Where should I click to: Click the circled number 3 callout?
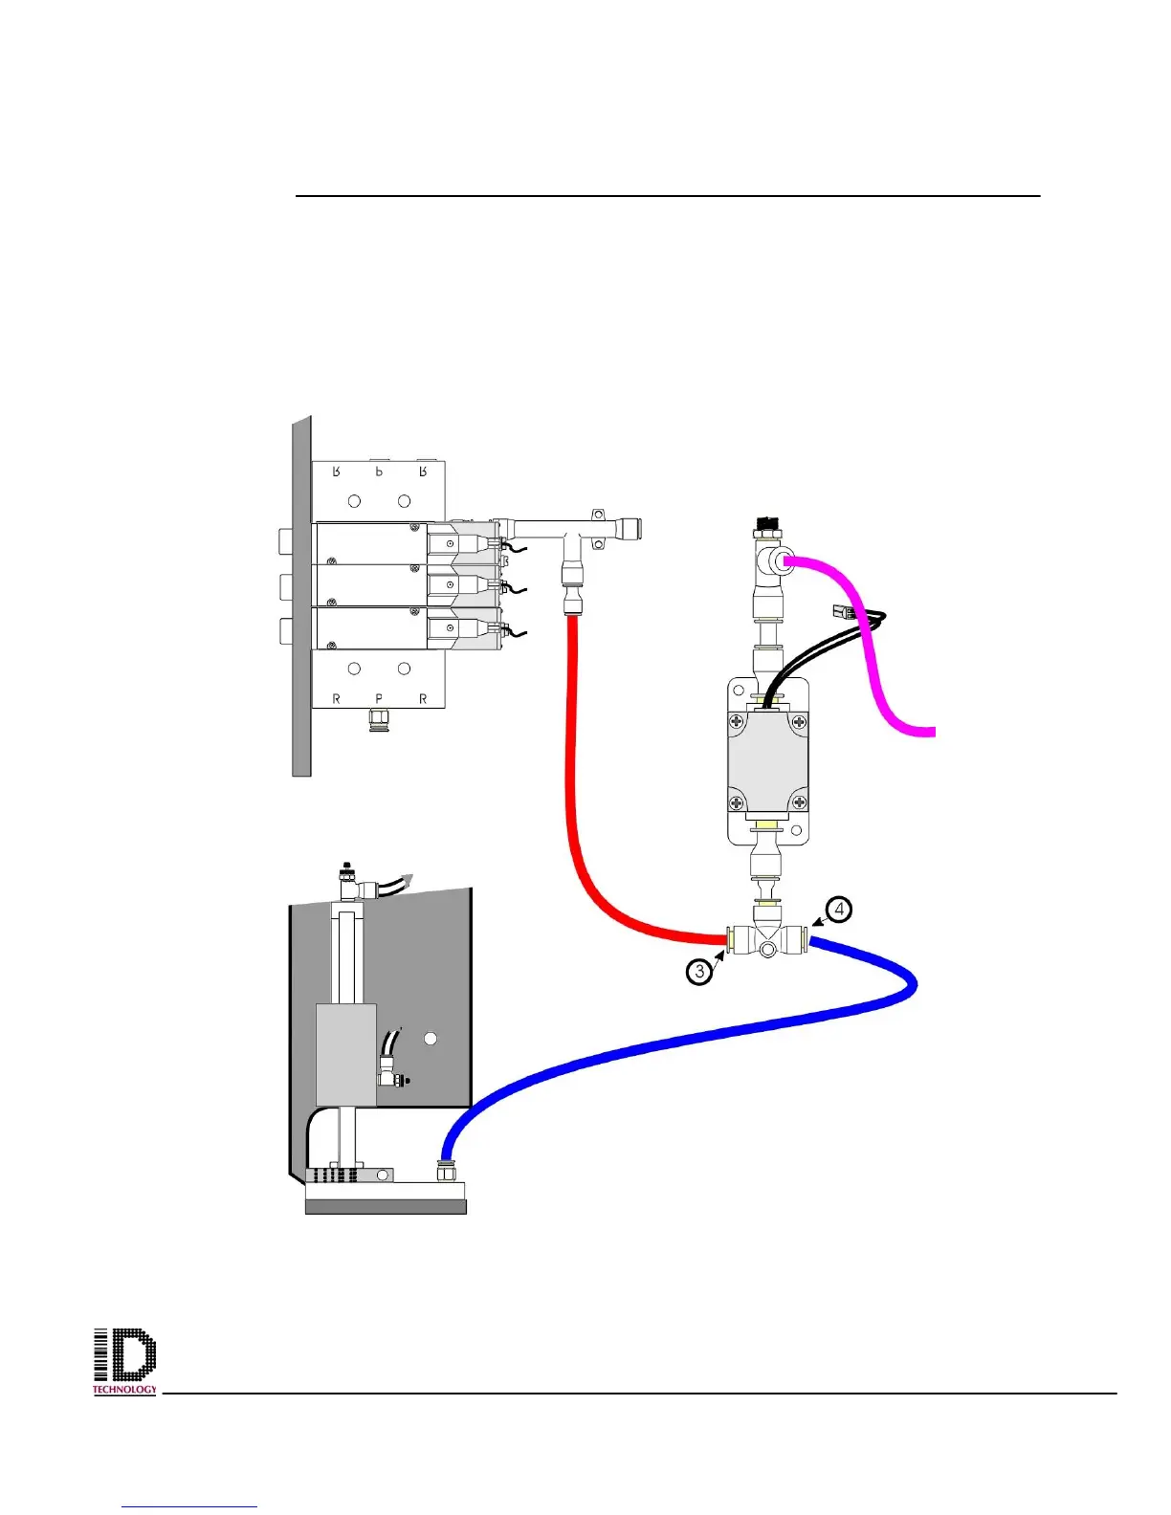[x=700, y=972]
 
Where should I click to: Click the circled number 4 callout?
[x=839, y=909]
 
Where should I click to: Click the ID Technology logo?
[x=124, y=1360]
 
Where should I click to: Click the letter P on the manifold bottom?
[x=379, y=699]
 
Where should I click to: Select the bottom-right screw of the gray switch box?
[x=800, y=802]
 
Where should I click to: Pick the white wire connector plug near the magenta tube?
[x=842, y=612]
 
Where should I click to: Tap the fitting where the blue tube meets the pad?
[x=445, y=1170]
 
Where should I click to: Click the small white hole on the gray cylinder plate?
[x=431, y=1038]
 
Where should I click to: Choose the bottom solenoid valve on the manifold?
[x=459, y=627]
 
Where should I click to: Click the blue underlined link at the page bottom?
[x=189, y=1505]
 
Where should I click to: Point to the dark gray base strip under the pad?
[x=386, y=1207]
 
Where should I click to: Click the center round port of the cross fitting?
[x=767, y=950]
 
